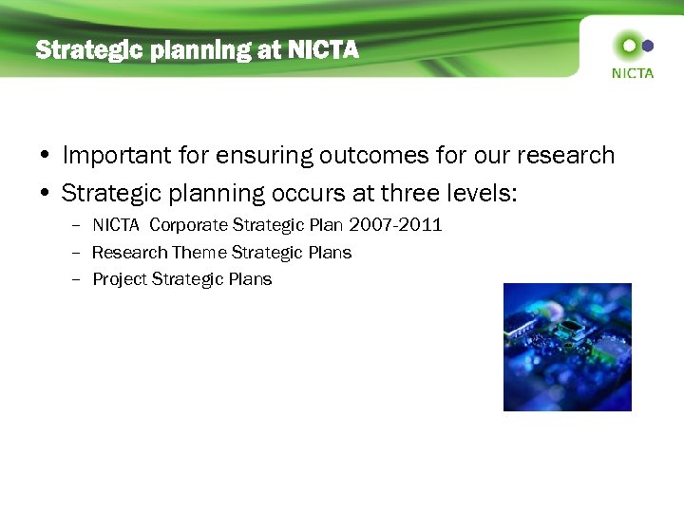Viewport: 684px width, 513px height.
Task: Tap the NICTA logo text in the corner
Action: click(x=632, y=73)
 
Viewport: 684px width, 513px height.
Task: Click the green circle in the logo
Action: click(x=627, y=45)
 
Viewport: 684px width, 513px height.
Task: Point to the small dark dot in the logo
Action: click(x=649, y=45)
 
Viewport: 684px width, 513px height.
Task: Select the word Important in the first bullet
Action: click(x=118, y=155)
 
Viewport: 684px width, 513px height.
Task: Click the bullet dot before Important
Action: click(x=46, y=156)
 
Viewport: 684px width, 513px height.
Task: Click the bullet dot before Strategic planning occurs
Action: click(x=46, y=194)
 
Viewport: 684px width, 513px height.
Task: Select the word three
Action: click(x=410, y=193)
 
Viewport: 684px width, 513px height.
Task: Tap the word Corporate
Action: click(x=189, y=225)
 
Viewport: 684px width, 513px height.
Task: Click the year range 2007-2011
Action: click(x=394, y=225)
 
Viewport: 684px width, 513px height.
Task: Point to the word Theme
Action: click(x=199, y=252)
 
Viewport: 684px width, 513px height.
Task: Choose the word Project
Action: click(x=120, y=279)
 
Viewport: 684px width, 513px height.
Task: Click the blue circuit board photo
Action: click(x=567, y=347)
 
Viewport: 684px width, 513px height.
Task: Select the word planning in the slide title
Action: click(x=189, y=50)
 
